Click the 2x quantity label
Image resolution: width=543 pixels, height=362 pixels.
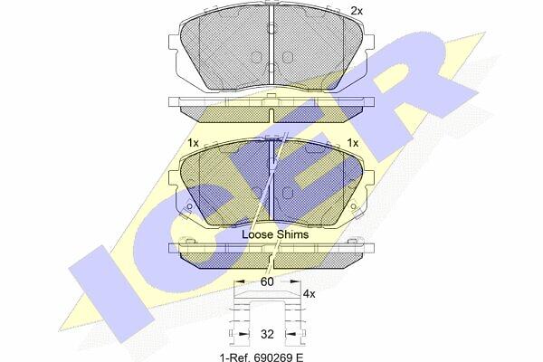coord(357,11)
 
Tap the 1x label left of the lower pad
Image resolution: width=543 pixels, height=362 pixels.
coord(193,143)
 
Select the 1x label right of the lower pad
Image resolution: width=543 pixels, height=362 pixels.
coord(353,143)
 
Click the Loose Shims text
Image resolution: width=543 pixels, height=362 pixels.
coord(275,234)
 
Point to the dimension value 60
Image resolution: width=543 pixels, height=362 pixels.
coord(267,282)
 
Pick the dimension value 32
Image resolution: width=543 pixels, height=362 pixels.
coord(267,334)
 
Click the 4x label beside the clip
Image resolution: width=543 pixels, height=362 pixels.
coord(309,294)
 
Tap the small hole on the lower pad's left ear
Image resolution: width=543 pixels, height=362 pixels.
coord(189,207)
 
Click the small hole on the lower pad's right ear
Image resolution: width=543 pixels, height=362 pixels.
coord(353,207)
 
